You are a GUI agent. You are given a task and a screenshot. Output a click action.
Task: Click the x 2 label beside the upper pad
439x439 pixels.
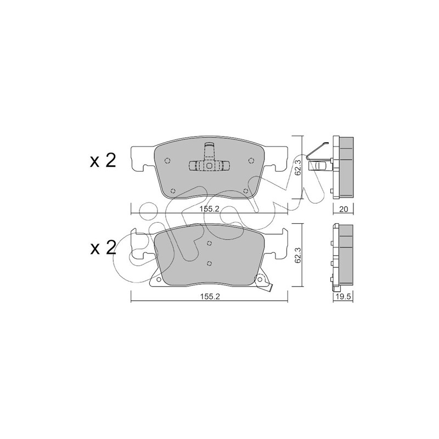pos(103,161)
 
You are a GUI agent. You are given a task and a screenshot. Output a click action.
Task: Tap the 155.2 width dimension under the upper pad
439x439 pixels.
pos(209,209)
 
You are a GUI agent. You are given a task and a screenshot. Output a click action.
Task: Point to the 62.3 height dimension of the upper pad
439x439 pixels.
pos(299,167)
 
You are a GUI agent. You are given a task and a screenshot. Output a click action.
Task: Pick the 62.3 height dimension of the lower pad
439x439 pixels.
pos(299,255)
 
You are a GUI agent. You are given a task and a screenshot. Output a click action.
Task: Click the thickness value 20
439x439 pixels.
pos(344,209)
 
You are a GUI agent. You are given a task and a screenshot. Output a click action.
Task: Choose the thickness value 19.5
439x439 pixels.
pos(344,297)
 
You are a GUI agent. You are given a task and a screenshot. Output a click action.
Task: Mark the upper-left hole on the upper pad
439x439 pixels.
pos(167,161)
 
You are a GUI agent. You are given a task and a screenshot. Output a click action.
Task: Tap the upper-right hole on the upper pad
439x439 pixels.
pos(251,160)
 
